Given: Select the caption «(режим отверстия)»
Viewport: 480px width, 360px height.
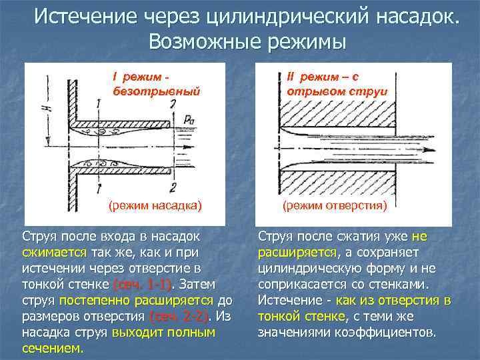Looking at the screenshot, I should (335, 205).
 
